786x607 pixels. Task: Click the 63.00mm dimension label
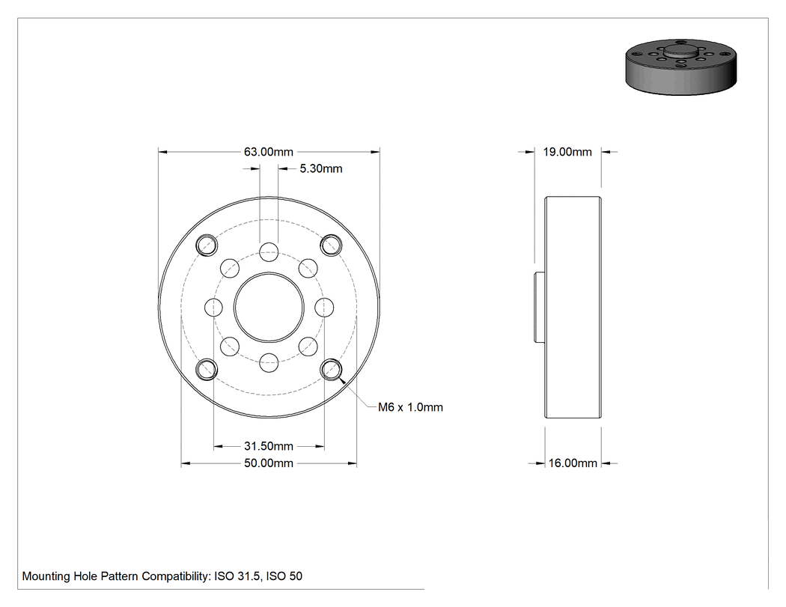[x=268, y=152]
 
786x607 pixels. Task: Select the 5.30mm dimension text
[x=321, y=169]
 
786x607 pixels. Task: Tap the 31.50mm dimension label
[x=268, y=446]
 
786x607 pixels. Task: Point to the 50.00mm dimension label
[x=268, y=463]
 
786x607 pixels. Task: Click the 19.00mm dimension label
[x=567, y=152]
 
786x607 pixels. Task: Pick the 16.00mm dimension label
[x=573, y=463]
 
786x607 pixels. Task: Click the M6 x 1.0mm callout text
[x=410, y=407]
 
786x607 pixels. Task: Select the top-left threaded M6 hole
[x=206, y=245]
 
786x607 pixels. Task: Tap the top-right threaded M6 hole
[x=331, y=245]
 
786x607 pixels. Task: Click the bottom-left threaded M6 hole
[x=206, y=370]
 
